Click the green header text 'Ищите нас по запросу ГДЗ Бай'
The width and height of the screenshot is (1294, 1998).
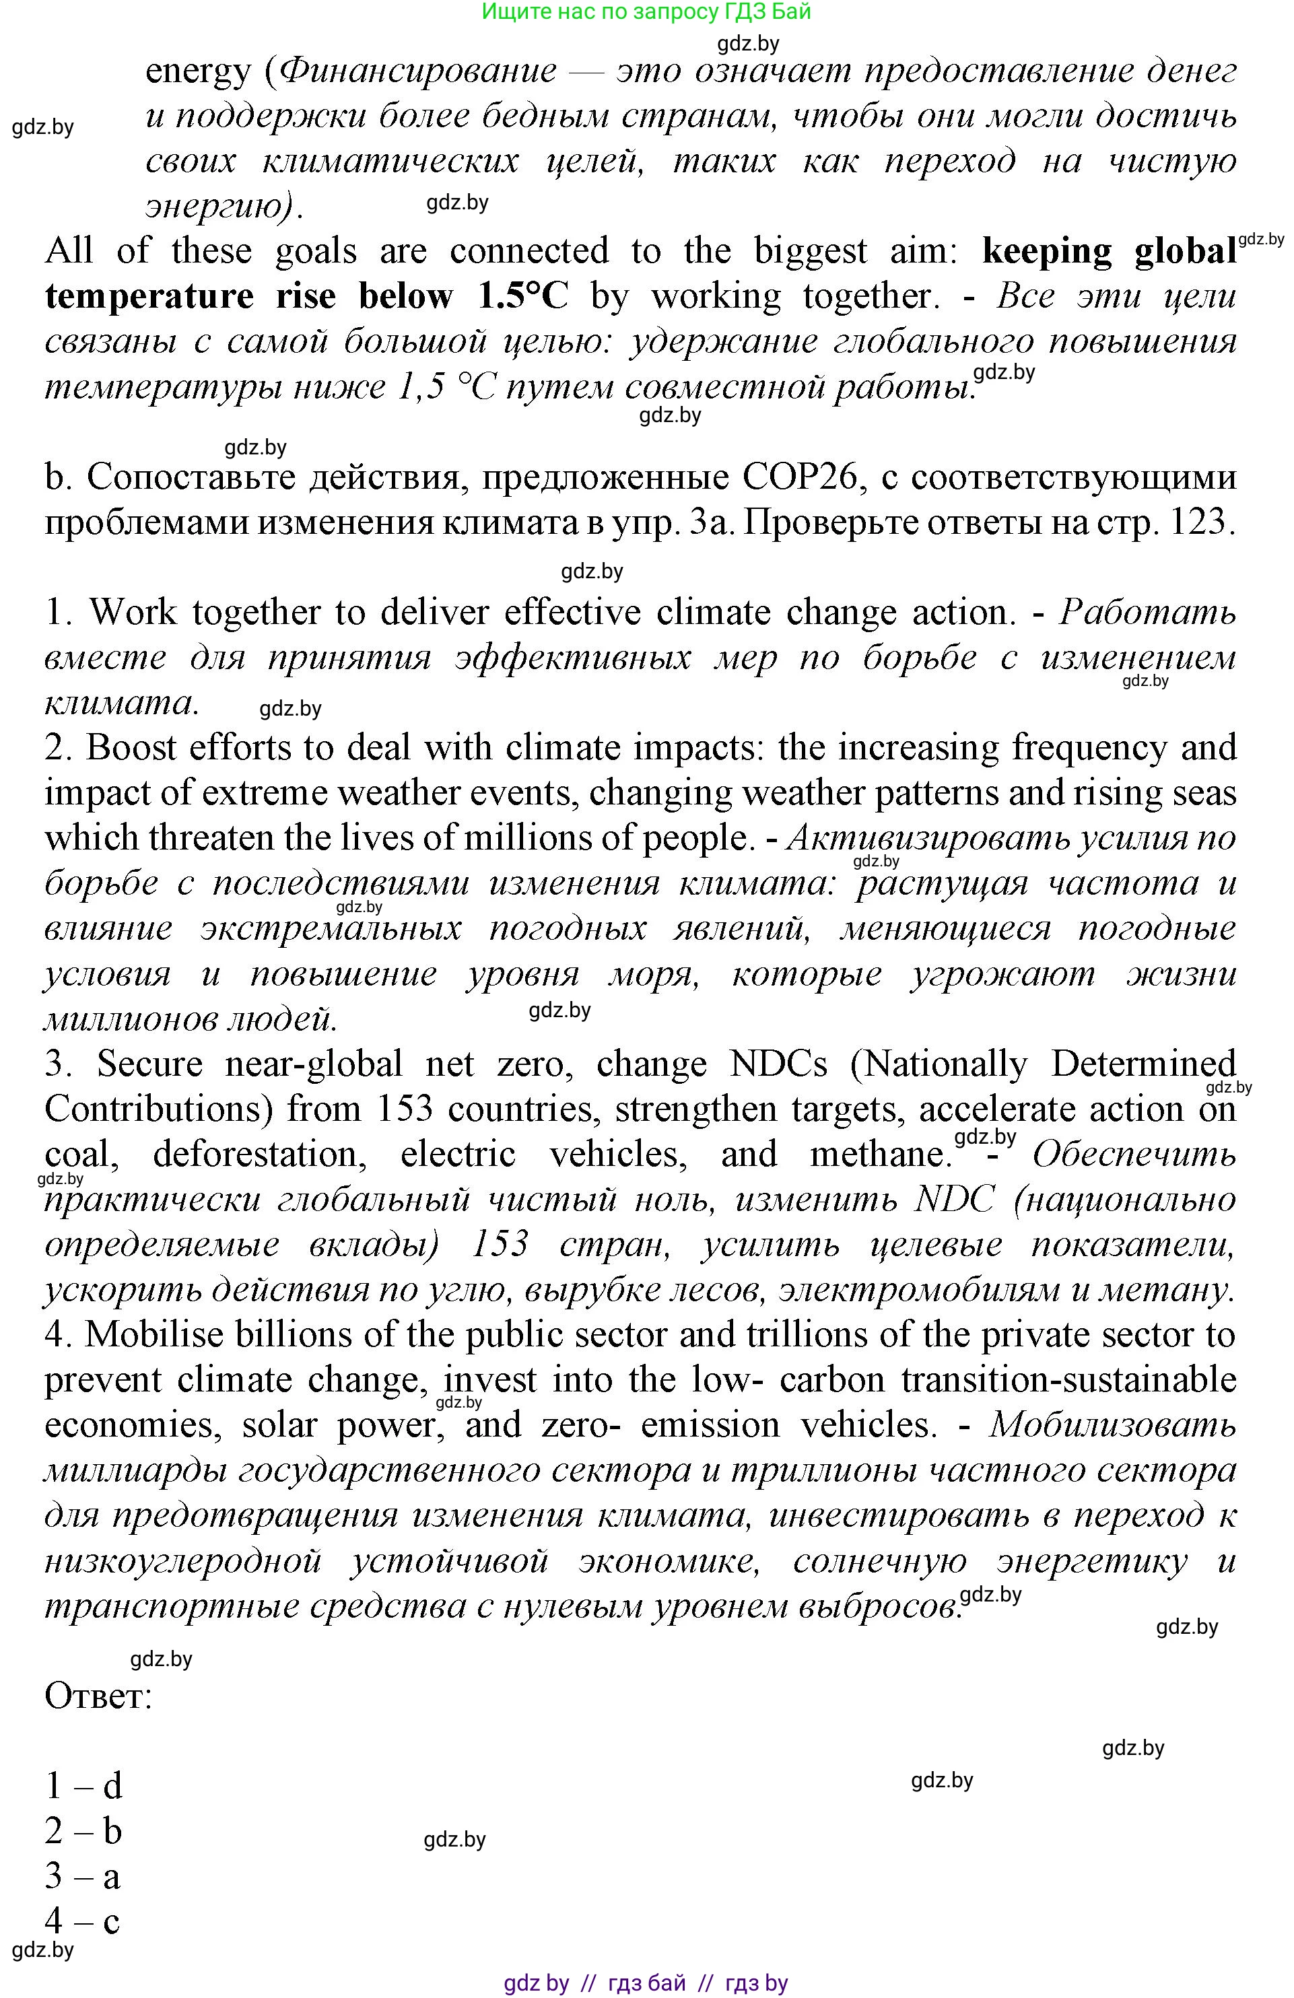[646, 11]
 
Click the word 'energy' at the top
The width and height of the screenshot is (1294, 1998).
[198, 72]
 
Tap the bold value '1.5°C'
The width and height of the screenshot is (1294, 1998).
[522, 296]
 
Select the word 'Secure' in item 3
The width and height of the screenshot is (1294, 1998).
[150, 1064]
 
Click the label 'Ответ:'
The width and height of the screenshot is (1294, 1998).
[98, 1696]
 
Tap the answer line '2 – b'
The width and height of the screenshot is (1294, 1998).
[84, 1831]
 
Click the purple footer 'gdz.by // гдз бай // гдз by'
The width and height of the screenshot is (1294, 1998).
[646, 1983]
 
